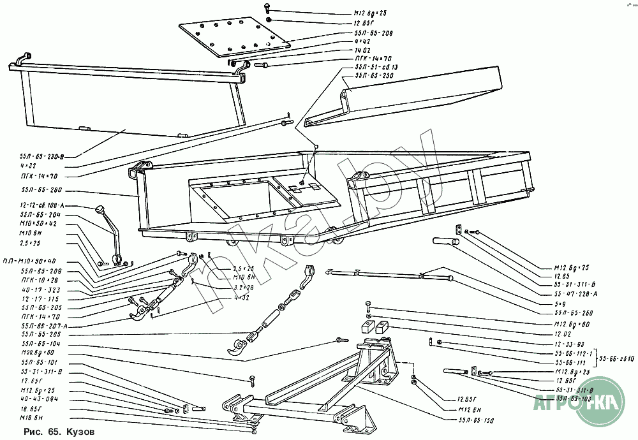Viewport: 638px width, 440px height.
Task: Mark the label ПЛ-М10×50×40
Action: (x=38, y=261)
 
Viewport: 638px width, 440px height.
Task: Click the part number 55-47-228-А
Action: (x=575, y=295)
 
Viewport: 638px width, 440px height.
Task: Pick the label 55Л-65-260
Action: (x=574, y=313)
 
